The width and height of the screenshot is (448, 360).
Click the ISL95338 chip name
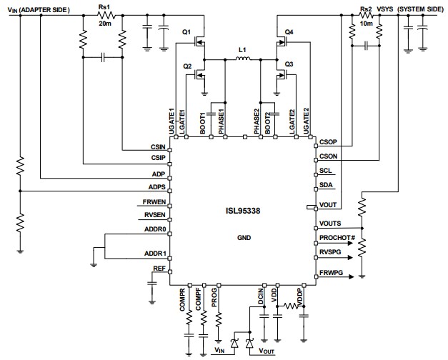tap(244, 211)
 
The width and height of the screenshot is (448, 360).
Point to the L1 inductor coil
tap(242, 61)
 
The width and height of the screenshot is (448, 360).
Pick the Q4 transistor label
tap(289, 32)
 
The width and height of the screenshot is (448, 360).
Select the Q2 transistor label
tap(187, 66)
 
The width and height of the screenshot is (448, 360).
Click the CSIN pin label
tap(158, 147)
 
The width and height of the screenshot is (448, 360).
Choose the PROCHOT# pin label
tap(338, 237)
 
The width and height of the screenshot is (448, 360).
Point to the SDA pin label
tap(326, 185)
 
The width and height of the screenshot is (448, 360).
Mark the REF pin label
tap(159, 269)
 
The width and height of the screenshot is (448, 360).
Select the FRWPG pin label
tap(332, 273)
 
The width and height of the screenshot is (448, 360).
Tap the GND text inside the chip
tap(244, 238)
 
